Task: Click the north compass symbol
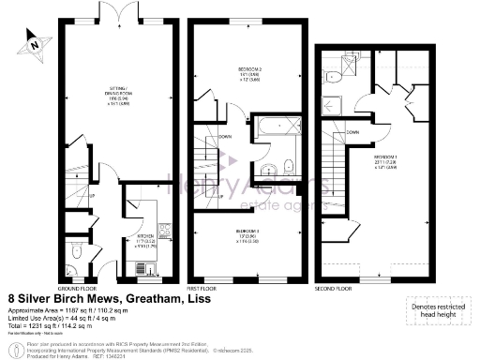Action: (x=35, y=40)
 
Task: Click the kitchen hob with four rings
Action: (x=165, y=230)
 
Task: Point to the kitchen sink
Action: (x=143, y=269)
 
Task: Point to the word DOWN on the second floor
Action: (x=351, y=132)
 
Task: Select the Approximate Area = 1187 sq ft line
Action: (x=58, y=311)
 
